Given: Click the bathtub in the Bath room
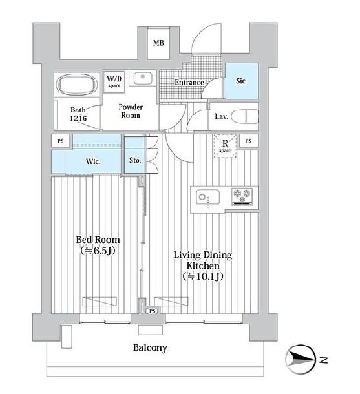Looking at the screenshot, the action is coord(77,84).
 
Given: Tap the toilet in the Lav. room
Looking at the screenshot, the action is coord(244,116).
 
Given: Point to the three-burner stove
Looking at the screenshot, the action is coord(242,197).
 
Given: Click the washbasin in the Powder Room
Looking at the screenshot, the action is coord(143,78).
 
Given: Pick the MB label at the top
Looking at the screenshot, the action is coord(158,43).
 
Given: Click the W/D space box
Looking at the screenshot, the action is coord(114,81).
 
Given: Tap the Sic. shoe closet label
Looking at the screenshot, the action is coord(241,81).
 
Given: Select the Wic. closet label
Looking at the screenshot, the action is coord(93,161).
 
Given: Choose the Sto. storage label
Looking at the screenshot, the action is coord(135,160).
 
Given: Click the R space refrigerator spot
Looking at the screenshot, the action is coord(225,146).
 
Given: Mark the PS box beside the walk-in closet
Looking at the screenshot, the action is coord(61,141).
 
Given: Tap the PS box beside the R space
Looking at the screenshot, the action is coord(248,141).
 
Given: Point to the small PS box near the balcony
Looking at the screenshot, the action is coord(152,311).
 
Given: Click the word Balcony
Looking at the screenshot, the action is coord(150,348).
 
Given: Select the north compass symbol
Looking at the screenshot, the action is coord(301,359).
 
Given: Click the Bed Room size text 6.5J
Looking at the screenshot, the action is coord(98,251).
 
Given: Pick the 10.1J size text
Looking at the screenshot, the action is coord(203,276).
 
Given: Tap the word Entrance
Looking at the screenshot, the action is coord(189,83).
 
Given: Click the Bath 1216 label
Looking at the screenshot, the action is coord(78,114).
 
